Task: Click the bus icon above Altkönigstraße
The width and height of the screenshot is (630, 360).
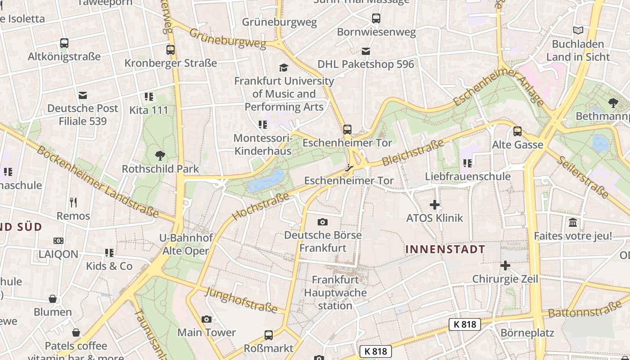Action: tap(64, 44)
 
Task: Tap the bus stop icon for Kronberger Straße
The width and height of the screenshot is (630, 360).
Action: tap(170, 50)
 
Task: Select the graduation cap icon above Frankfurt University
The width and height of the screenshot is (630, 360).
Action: tap(283, 68)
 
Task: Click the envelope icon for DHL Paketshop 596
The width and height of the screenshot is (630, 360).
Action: tap(366, 51)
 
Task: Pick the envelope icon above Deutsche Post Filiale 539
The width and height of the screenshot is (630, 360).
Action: tap(83, 95)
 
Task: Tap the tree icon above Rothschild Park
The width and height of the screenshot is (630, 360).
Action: tap(160, 156)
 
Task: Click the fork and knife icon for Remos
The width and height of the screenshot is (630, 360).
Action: tap(73, 202)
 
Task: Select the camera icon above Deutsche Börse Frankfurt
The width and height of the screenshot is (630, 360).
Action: tap(322, 222)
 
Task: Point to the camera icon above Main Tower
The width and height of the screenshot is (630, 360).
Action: tap(207, 319)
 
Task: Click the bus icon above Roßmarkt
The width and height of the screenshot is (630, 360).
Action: tap(269, 335)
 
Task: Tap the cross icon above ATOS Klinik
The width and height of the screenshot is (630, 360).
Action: tap(434, 205)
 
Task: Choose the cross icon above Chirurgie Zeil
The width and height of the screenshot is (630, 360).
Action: tap(505, 266)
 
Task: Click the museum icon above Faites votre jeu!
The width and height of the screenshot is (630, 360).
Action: tap(573, 223)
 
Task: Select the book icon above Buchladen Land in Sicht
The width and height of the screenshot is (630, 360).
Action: tap(578, 31)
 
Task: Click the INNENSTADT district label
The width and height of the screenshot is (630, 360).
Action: tap(445, 249)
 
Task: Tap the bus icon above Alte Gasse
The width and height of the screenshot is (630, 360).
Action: tap(517, 132)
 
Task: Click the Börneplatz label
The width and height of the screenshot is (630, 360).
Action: tap(527, 333)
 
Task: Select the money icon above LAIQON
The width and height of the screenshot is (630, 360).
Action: tap(58, 241)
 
